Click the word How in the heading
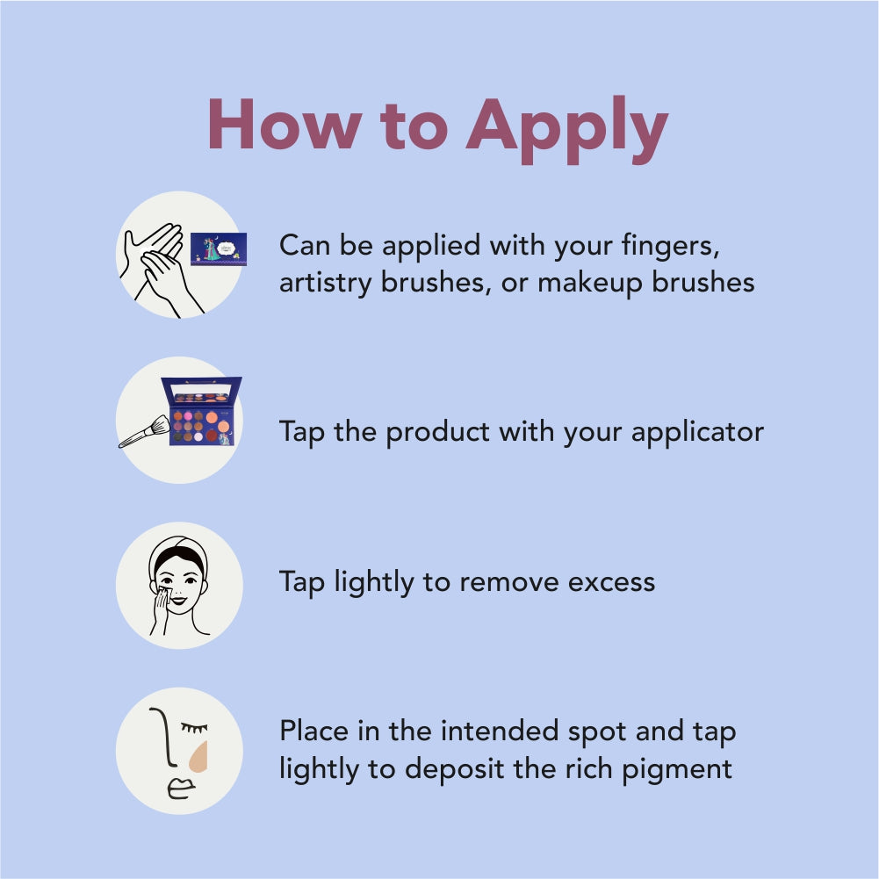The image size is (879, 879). (x=285, y=124)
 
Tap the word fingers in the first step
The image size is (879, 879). (x=671, y=247)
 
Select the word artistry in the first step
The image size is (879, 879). (x=325, y=282)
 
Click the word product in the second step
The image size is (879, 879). (x=438, y=433)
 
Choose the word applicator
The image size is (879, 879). (x=697, y=433)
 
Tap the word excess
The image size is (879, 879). (x=611, y=583)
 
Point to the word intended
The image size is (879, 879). (x=501, y=731)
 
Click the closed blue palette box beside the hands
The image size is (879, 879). (x=219, y=249)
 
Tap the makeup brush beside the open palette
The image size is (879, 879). (x=145, y=432)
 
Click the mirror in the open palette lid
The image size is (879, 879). (x=201, y=390)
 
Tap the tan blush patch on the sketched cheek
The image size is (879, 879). (x=199, y=757)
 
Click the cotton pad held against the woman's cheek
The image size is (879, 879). (x=164, y=593)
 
